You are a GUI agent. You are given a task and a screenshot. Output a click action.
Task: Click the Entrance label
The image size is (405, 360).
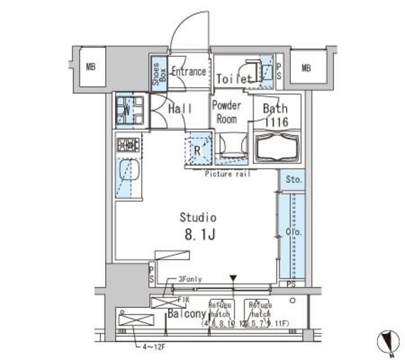pos(189,71)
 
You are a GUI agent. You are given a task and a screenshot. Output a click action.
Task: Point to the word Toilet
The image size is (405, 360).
pos(235,79)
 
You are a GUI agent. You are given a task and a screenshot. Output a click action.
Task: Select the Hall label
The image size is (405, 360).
pos(180,109)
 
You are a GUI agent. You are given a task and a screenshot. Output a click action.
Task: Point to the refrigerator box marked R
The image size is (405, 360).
pos(197,151)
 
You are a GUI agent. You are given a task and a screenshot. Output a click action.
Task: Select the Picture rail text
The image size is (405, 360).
pos(227,174)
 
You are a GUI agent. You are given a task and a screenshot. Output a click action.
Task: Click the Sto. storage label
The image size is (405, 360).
pos(293,180)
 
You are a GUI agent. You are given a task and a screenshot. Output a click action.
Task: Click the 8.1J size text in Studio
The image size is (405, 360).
pos(199,235)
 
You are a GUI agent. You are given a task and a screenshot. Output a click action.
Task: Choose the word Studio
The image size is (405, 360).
pos(199,217)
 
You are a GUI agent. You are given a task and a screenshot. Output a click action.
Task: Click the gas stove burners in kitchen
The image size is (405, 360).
pos(128,145)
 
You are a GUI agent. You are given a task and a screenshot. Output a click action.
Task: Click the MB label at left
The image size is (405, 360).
pos(91,67)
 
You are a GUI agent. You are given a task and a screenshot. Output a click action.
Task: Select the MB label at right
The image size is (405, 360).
pos(306,68)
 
